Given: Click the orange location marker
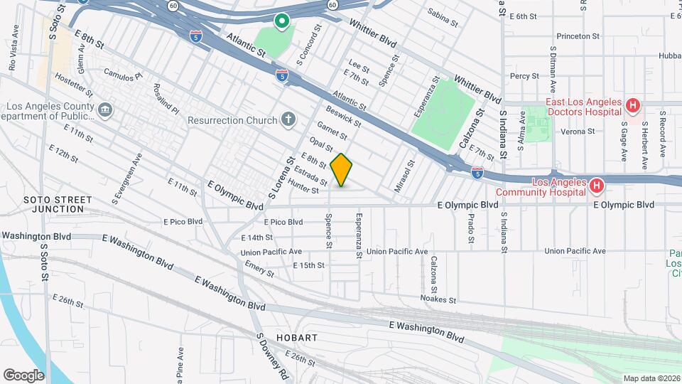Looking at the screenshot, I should (x=342, y=171).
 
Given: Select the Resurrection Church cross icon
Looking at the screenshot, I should (x=288, y=119).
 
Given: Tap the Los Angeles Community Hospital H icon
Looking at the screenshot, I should (x=597, y=187).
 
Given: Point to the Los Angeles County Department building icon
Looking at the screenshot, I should (x=105, y=110).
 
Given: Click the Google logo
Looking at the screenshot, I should (x=23, y=375).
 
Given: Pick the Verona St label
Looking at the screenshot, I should (x=576, y=132).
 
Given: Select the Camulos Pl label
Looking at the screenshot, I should (x=123, y=73).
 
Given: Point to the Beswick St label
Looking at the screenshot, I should (x=343, y=117).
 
